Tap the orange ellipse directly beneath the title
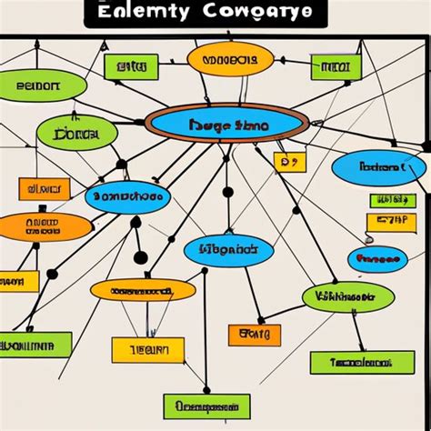tap(230, 60)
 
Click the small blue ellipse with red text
tap(377, 259)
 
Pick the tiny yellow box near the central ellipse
tap(290, 162)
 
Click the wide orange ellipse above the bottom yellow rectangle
tap(142, 290)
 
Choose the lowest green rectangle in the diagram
tap(206, 406)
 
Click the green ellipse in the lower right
tap(347, 296)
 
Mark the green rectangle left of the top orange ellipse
tap(131, 66)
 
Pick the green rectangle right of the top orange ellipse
tap(336, 66)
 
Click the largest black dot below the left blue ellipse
tap(140, 257)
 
